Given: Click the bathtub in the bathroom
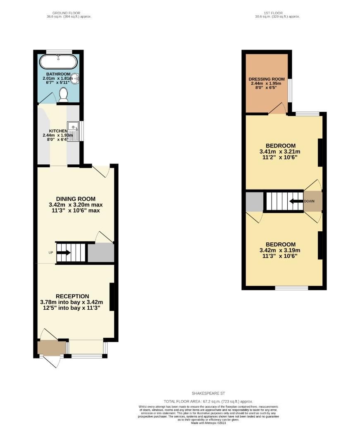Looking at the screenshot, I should (58, 62).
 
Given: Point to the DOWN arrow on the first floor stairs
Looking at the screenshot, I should (295, 202).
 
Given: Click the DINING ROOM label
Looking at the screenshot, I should (76, 199).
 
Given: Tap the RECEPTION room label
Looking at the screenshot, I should (72, 296).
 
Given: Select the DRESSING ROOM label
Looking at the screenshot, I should (267, 79).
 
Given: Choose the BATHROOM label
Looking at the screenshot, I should (58, 74).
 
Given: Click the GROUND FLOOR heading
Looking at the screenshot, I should (69, 13).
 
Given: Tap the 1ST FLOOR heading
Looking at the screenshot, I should (273, 13).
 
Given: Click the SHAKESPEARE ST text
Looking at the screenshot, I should (208, 394).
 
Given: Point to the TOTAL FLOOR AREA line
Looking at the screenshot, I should (208, 401).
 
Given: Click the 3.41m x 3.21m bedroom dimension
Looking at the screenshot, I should (281, 151).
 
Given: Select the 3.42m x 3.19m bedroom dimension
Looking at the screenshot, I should (280, 250).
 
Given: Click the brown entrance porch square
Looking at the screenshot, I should (51, 347).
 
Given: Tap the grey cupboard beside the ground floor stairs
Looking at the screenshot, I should (100, 253).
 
